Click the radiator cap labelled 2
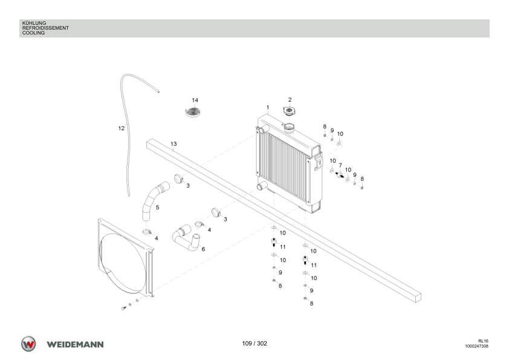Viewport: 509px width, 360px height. (x=289, y=111)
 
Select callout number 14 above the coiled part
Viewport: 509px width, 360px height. (x=195, y=100)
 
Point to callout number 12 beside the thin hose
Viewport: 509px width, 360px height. (x=121, y=128)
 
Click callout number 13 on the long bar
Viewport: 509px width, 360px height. (x=173, y=143)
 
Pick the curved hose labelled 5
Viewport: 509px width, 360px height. (x=154, y=201)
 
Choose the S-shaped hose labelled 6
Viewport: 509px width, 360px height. (x=186, y=239)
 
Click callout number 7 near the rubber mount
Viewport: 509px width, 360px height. (x=340, y=166)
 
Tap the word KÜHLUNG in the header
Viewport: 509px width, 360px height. (x=34, y=23)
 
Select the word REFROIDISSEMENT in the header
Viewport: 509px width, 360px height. (x=45, y=28)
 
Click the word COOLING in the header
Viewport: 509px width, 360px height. (x=33, y=33)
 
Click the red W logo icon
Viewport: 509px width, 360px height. (x=28, y=344)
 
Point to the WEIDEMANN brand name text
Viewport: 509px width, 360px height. (x=75, y=344)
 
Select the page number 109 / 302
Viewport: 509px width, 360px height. (x=254, y=344)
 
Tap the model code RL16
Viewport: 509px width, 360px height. (x=483, y=341)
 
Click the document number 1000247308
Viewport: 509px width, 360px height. (x=476, y=346)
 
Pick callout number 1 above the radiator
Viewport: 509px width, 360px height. (x=268, y=108)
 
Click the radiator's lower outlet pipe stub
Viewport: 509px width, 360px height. (x=262, y=186)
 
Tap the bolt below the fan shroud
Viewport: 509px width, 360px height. (x=123, y=308)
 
